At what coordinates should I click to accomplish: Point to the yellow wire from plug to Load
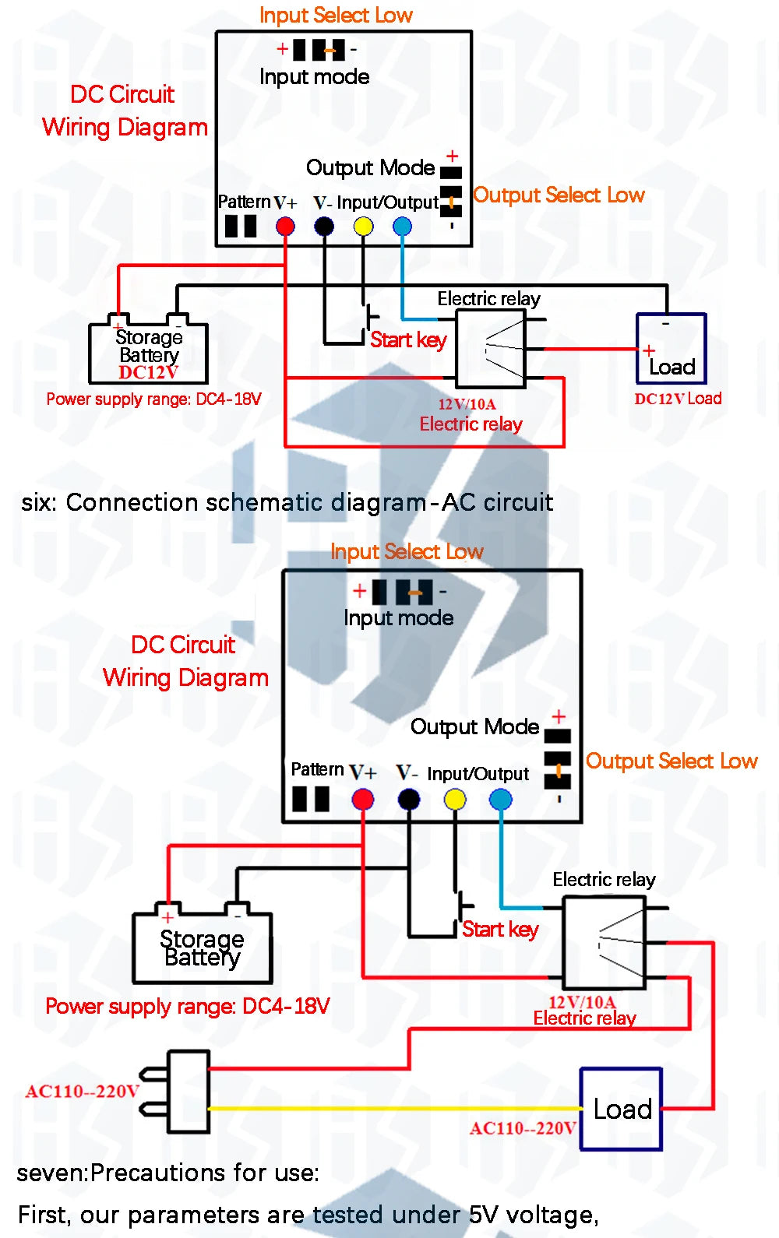click(395, 1107)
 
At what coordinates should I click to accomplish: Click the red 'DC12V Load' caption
click(678, 399)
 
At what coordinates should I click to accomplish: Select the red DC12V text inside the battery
click(148, 372)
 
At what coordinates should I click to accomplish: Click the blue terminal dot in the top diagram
click(403, 226)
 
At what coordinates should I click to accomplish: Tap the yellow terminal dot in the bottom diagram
click(455, 799)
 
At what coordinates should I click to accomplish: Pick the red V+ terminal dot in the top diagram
click(285, 226)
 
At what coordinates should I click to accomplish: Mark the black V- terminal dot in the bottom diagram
click(408, 799)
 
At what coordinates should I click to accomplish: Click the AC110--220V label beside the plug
click(83, 1092)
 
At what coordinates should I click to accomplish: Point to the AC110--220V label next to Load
click(523, 1128)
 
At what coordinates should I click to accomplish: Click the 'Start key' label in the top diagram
click(408, 340)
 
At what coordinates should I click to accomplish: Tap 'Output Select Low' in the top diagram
click(559, 195)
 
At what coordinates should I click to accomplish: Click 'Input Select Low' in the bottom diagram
click(407, 551)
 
